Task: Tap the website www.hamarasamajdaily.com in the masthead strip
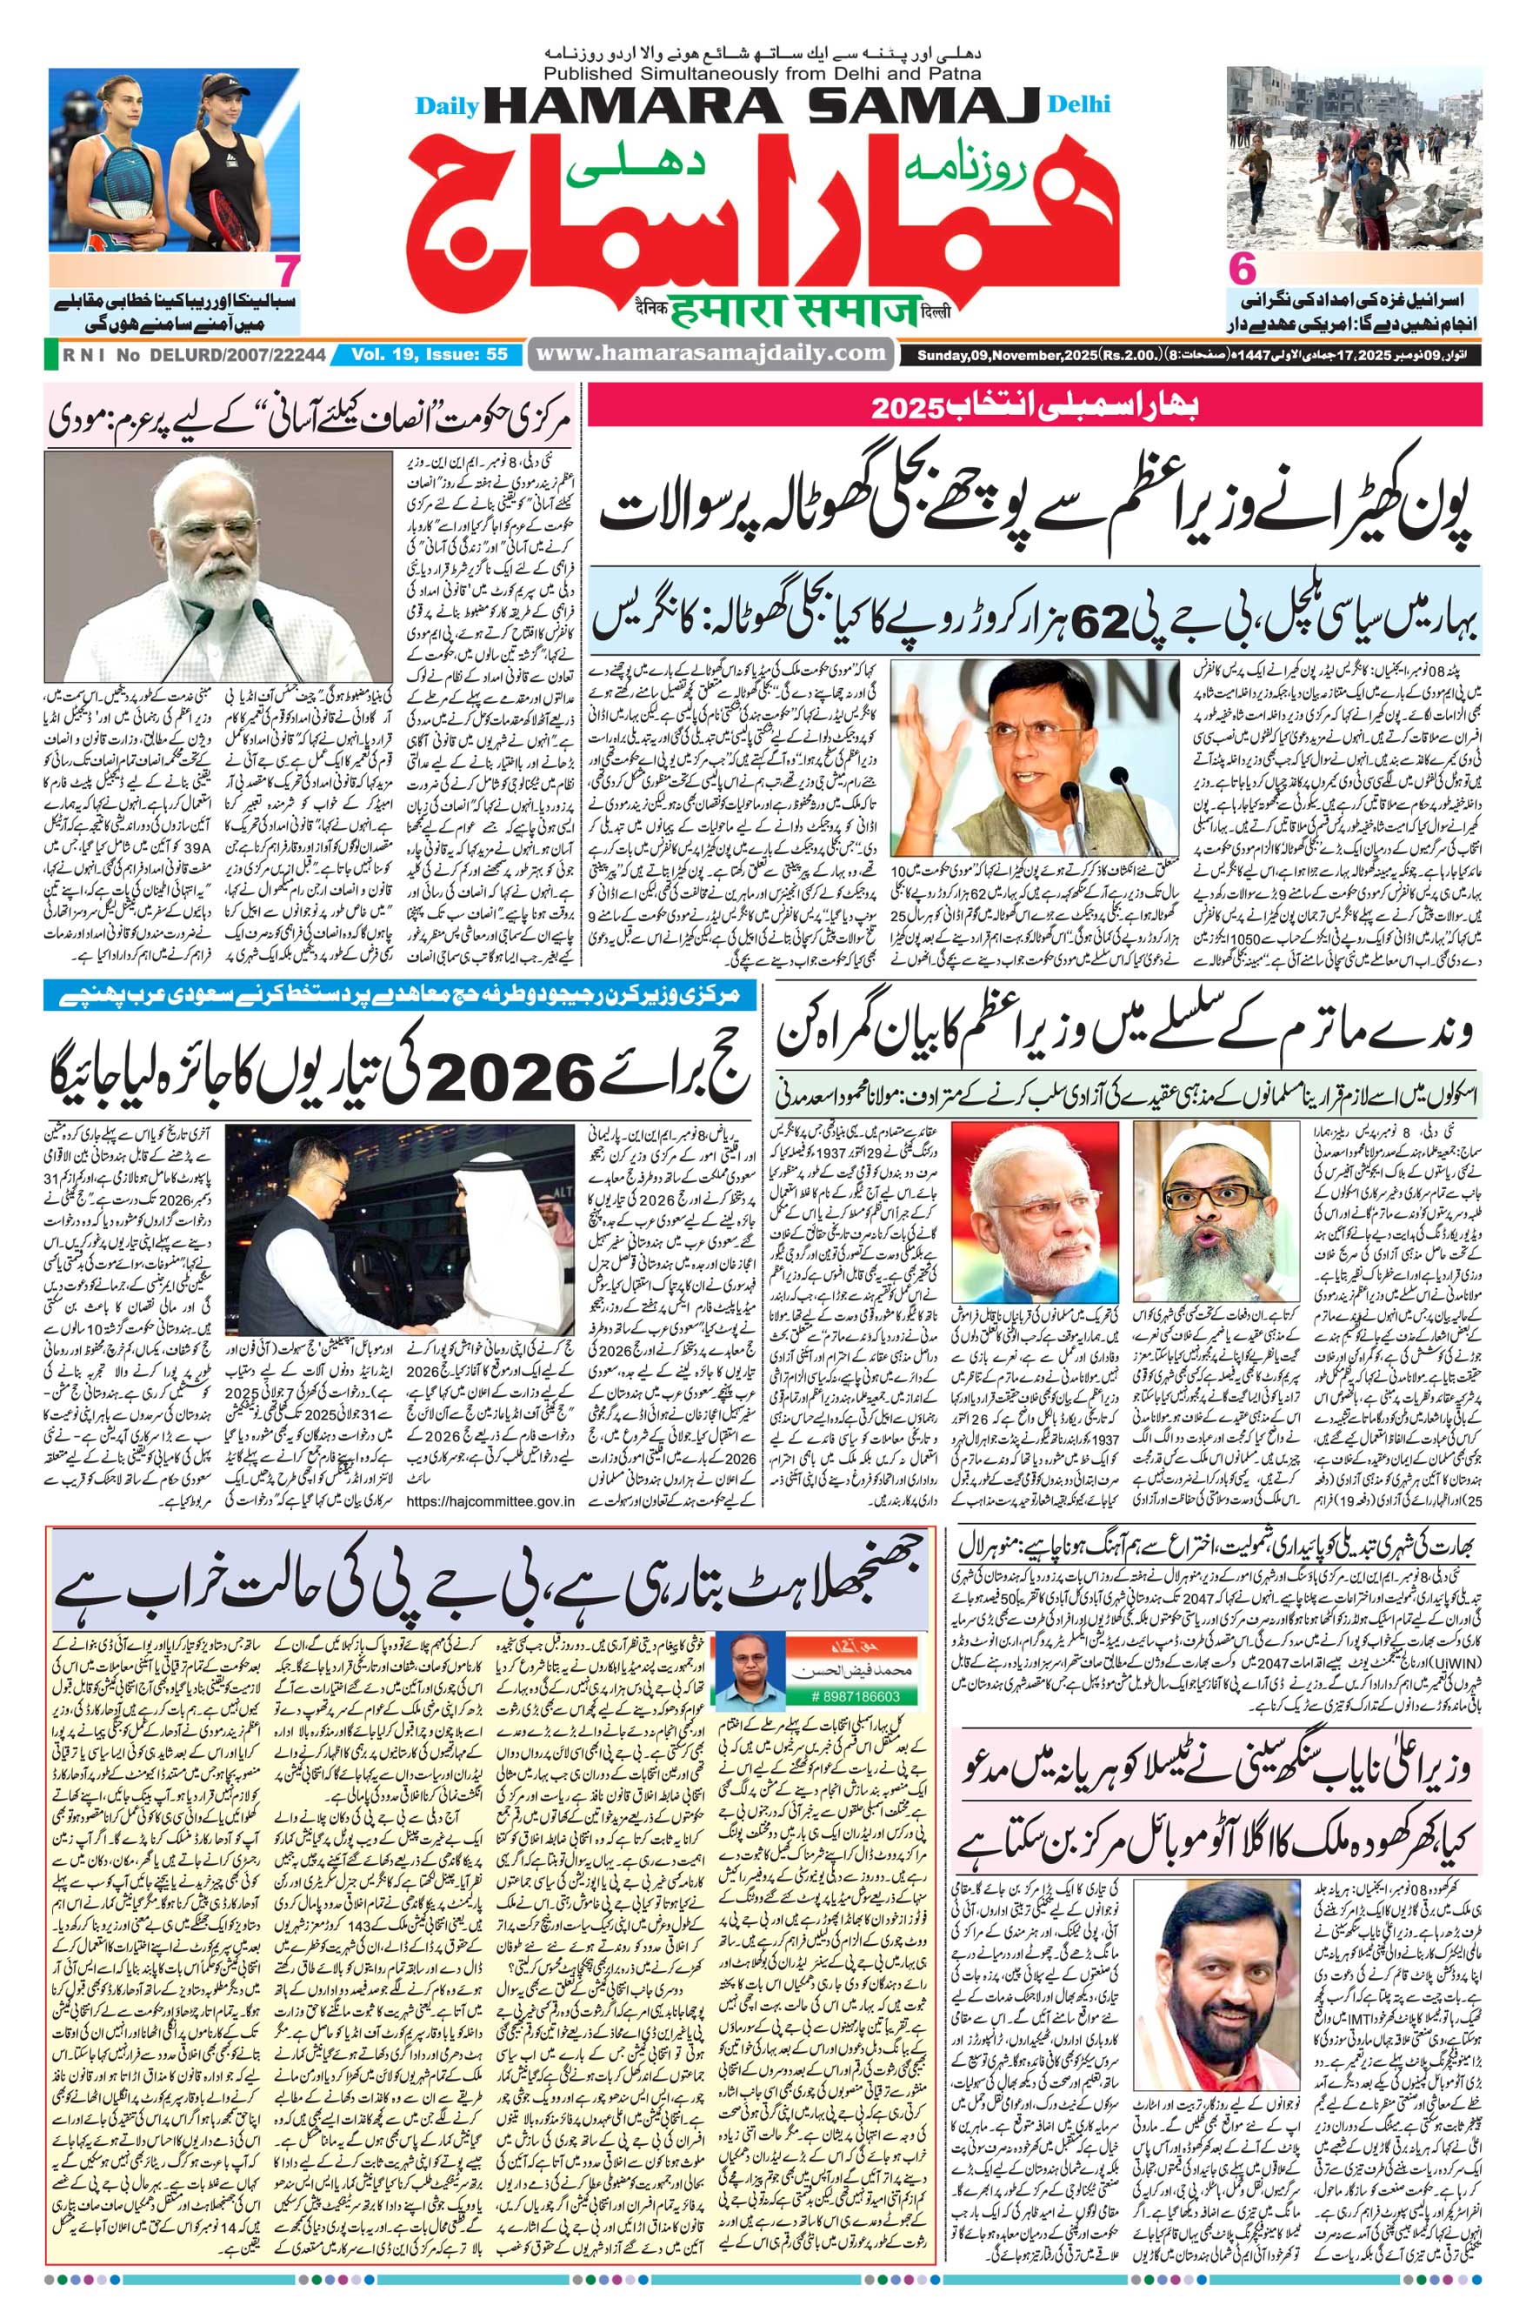[x=710, y=354]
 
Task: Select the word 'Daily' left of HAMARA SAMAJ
[x=443, y=105]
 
